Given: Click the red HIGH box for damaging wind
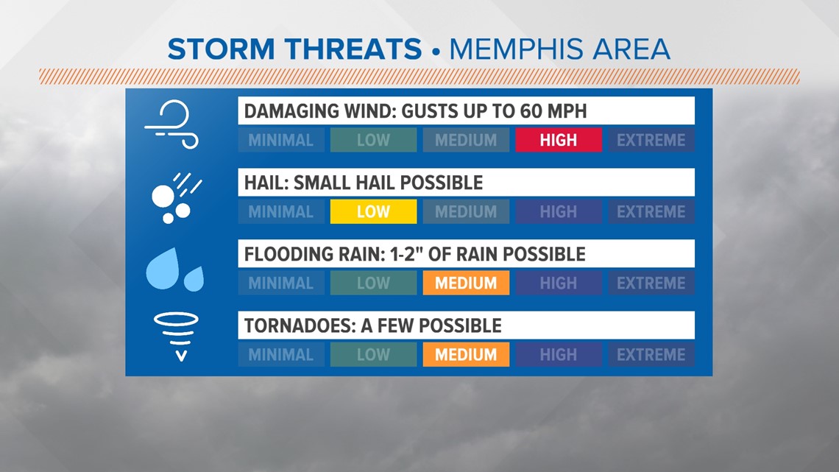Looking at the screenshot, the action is pos(559,140).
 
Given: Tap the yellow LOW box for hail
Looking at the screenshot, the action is pos(373,211).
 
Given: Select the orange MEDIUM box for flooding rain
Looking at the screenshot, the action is pos(466,283).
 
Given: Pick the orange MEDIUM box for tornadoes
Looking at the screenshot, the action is pos(466,354).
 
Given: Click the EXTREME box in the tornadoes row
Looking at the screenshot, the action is pos(651,354).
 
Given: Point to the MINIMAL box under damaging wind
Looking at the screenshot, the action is pos(281,140).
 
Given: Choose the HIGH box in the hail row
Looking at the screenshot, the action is pos(559,211).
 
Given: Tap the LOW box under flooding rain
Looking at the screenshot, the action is pos(373,283).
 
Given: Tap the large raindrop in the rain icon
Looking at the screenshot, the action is pos(163,269).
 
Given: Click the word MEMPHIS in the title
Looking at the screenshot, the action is pos(514,49).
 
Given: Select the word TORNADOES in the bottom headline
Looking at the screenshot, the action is pos(299,325).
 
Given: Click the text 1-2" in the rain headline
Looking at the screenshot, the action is pos(405,253).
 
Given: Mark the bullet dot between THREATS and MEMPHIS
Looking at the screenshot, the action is pos(436,52).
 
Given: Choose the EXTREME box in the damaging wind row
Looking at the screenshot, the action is pos(651,140).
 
